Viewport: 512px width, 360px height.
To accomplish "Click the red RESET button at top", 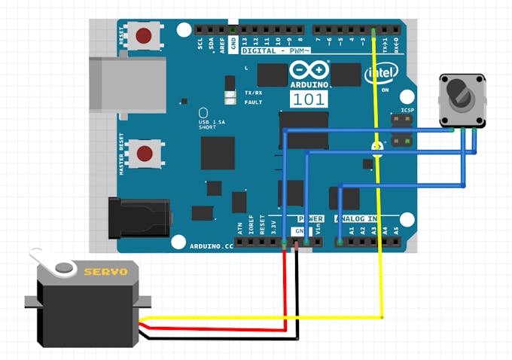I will click(145, 35).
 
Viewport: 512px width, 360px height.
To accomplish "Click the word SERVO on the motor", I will click(105, 272).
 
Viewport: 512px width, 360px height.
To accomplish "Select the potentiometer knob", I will click(459, 95).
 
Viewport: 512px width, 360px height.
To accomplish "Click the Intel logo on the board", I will click(381, 74).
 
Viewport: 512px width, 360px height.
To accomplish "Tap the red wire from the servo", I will click(285, 294).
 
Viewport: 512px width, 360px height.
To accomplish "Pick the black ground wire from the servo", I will click(297, 301).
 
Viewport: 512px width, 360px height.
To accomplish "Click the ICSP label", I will click(407, 110).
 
